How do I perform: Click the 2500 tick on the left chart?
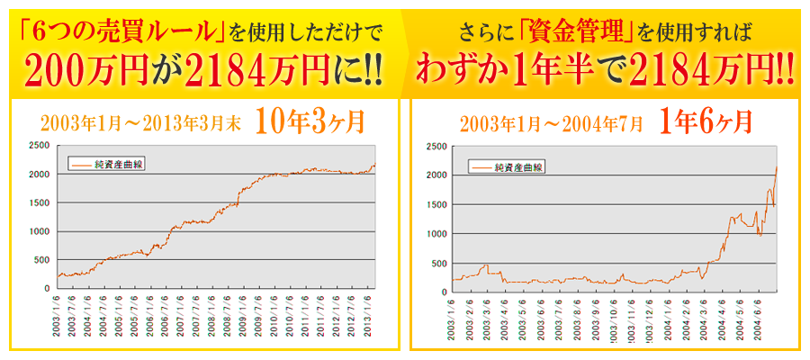[x=39, y=146]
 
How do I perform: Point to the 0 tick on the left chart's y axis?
[x=49, y=289]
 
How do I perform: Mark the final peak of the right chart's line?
[x=777, y=167]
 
